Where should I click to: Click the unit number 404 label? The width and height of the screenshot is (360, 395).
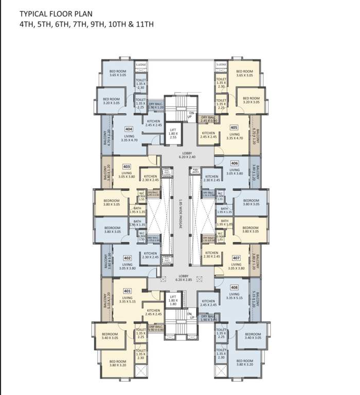coord(129,129)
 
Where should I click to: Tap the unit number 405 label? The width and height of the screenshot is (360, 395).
coord(234,128)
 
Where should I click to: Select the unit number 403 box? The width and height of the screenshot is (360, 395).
coord(127,166)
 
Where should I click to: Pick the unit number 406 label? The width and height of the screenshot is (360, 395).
coord(235,162)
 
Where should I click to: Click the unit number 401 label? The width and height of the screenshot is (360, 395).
coord(127,291)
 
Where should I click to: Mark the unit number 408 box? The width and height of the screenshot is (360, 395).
coord(235,288)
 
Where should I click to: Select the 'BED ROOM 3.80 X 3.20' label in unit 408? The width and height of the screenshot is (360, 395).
coord(244,363)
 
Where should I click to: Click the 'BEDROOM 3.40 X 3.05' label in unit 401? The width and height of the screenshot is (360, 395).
coord(110,336)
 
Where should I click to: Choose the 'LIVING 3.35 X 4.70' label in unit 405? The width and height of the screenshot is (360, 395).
coord(235,136)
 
